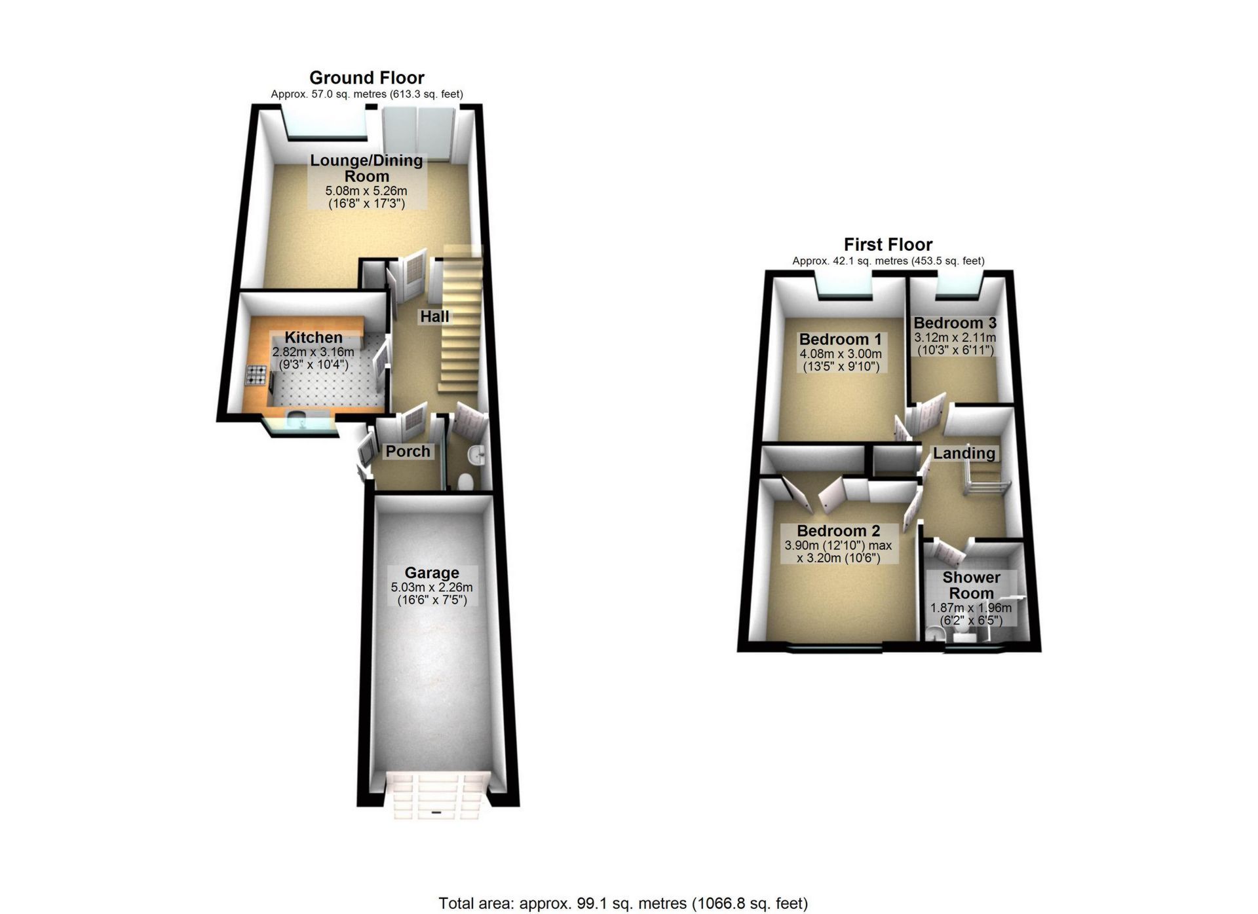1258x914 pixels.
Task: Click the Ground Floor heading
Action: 367,78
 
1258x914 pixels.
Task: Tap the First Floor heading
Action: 888,245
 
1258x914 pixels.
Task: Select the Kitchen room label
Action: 313,338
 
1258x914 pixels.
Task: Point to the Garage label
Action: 432,573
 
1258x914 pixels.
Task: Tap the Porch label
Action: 408,451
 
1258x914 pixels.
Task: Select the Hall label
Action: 434,317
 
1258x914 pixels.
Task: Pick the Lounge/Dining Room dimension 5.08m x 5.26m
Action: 366,191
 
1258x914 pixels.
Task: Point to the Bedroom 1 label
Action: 841,340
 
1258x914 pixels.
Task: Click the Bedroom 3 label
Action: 955,323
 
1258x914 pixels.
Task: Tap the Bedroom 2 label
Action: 839,531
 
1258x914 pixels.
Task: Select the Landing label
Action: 964,453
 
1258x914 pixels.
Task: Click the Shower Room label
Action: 971,585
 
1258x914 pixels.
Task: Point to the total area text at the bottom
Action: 623,904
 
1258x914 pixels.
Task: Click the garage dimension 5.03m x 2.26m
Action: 432,587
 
